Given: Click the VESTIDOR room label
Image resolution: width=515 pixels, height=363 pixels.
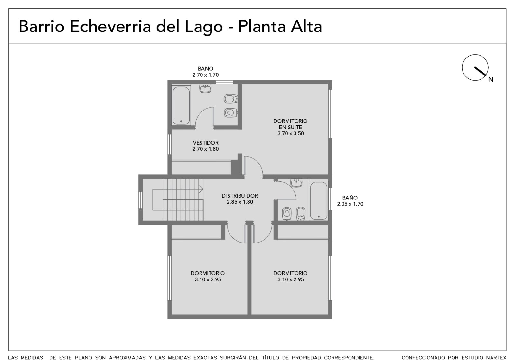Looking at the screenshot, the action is (206, 143).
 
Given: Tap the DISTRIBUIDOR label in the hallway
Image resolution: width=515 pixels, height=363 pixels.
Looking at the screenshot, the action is (240, 196).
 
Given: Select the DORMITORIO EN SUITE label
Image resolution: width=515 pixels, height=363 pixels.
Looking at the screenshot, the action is (290, 124).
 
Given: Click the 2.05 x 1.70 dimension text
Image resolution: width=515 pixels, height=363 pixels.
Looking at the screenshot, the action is (350, 204).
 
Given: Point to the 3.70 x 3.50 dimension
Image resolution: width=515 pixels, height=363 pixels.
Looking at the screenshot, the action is (291, 134).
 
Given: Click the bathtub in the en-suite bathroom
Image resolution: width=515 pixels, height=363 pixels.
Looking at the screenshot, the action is (181, 106).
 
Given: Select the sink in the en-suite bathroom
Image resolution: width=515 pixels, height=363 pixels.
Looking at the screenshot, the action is (205, 88).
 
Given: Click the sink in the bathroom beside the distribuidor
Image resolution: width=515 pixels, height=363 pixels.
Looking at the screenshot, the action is (296, 183).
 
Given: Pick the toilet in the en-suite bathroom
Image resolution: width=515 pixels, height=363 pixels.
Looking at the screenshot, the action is (230, 113).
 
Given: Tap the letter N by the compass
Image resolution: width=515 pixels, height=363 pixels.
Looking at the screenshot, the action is (491, 80).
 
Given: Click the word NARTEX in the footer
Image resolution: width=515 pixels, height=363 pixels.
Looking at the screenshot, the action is (496, 358).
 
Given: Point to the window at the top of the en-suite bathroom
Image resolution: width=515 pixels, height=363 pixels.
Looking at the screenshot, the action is (224, 82).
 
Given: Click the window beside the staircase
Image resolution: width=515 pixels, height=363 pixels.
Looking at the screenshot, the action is (140, 200).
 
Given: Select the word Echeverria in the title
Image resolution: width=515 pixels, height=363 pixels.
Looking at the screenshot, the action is (110, 26).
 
